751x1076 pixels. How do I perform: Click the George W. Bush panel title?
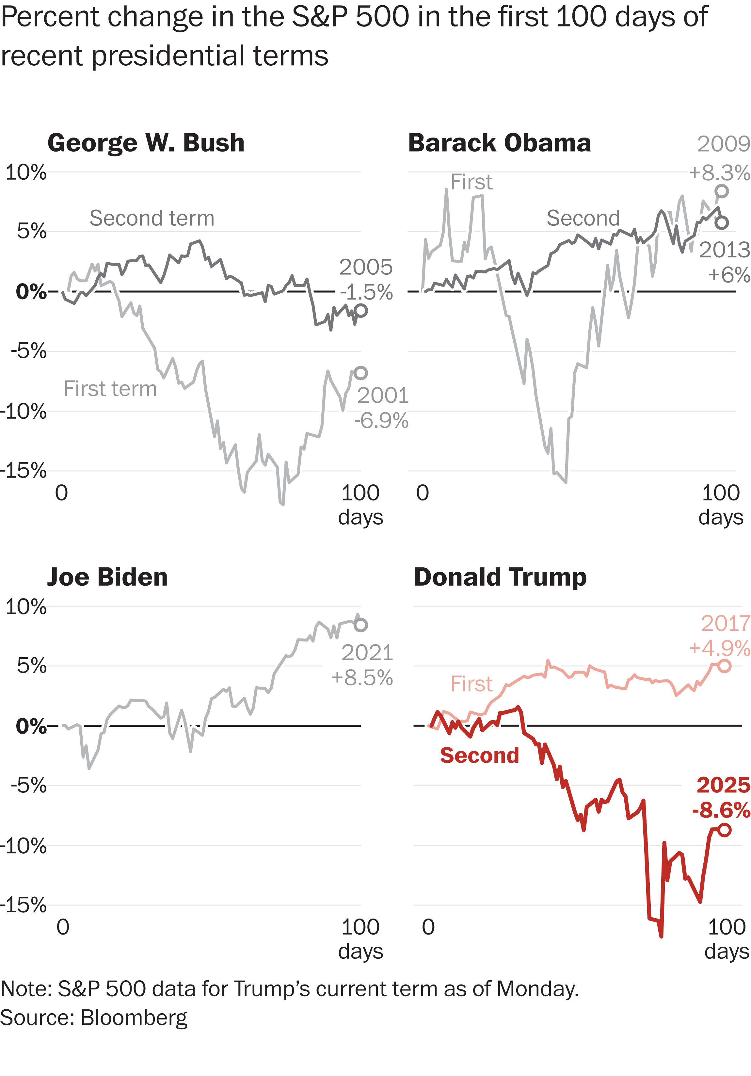click(146, 143)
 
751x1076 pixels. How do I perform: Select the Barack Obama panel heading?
click(500, 143)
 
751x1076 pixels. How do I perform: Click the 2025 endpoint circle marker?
click(724, 830)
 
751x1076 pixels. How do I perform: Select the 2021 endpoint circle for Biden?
click(360, 625)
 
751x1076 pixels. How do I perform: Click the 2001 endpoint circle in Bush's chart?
click(360, 373)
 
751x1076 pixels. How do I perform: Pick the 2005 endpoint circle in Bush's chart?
click(360, 310)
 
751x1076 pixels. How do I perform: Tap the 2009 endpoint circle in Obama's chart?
click(722, 191)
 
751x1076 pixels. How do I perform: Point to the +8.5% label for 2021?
click(362, 678)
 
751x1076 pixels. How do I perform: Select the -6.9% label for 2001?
click(381, 421)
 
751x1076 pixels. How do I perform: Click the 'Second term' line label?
click(152, 219)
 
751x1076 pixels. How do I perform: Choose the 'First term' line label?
click(110, 389)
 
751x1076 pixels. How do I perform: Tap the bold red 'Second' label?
click(479, 756)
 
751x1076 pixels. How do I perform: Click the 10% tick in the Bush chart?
click(26, 172)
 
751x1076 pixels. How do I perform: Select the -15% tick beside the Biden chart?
click(24, 905)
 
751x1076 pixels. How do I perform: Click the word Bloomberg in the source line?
click(134, 1018)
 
